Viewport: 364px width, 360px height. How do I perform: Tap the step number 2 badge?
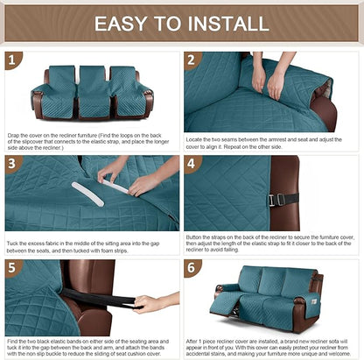click(x=193, y=61)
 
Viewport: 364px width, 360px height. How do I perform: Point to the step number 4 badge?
click(x=193, y=164)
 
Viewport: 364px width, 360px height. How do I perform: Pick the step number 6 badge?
click(x=193, y=268)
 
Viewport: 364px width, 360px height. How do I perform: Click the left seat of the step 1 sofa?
click(x=59, y=91)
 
